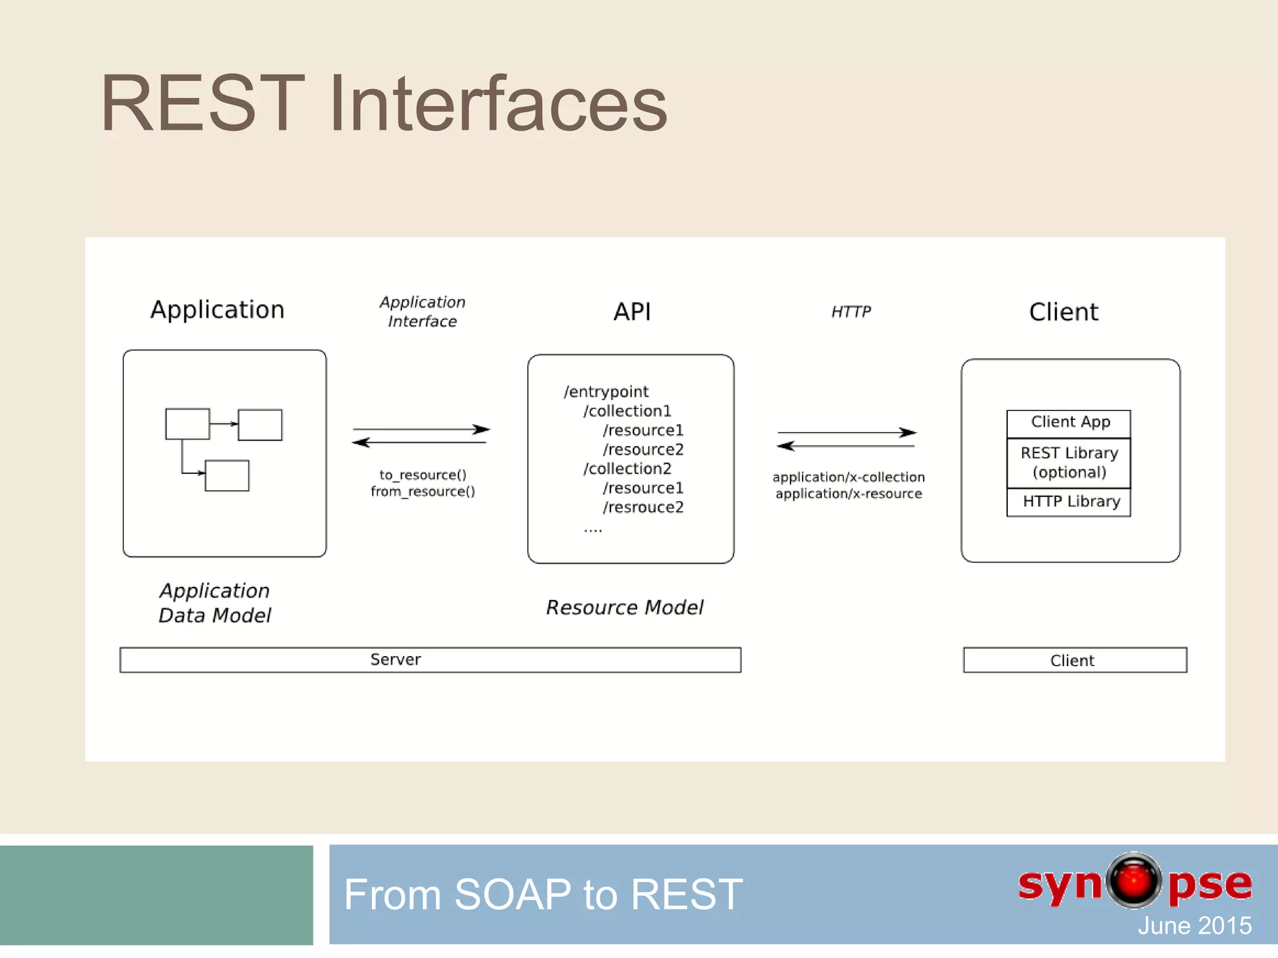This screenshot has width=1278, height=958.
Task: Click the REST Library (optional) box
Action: [1069, 462]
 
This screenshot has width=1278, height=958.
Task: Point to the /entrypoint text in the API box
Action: [606, 392]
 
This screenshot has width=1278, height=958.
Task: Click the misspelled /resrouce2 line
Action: [643, 508]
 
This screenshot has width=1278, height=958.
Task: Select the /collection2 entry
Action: [627, 469]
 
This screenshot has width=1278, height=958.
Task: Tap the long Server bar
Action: [430, 660]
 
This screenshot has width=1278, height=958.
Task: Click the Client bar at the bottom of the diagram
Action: [1075, 660]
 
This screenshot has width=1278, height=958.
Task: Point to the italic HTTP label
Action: [851, 312]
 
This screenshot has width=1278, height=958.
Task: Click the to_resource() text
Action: [422, 475]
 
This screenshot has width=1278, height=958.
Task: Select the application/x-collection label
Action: [849, 477]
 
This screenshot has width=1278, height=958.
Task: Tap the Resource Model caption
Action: [625, 607]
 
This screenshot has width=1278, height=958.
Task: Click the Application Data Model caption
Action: [215, 603]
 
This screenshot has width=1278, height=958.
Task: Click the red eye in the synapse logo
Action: [1134, 881]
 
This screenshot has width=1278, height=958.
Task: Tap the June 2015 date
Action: [1194, 926]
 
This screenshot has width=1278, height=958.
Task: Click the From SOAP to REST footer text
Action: [543, 894]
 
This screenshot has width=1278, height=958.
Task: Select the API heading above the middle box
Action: [632, 312]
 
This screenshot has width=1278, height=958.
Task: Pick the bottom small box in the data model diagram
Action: [227, 476]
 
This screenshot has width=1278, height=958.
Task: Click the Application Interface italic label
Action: [422, 312]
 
